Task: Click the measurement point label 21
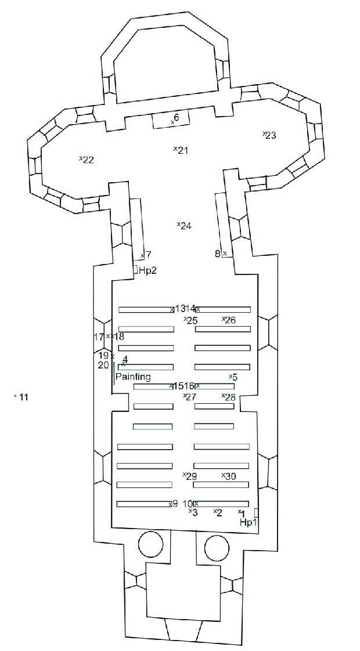pos(182,151)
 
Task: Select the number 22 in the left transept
pos(88,160)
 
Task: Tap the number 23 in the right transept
pos(270,136)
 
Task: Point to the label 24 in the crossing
pos(185,226)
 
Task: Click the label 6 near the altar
pos(176,118)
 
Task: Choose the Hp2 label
pos(147,270)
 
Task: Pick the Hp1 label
pos(249,523)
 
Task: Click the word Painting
pos(133,377)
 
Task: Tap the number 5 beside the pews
pos(234,377)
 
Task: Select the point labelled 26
pos(229,320)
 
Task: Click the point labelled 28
pos(229,397)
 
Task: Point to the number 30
pos(229,476)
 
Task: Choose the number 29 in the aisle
pos(191,476)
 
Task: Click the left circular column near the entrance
pos(150,546)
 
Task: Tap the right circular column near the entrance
pos(216,547)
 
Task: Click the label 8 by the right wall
pos(218,254)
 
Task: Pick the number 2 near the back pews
pos(218,512)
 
